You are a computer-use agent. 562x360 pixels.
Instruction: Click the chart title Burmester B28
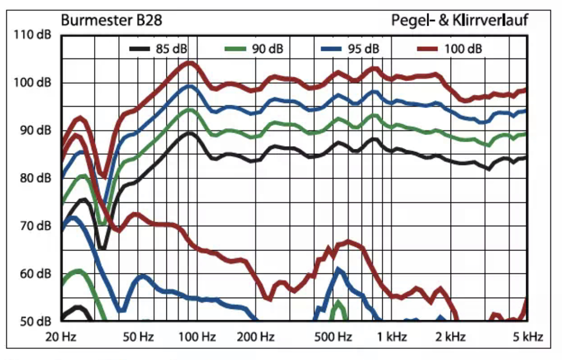pos(111,21)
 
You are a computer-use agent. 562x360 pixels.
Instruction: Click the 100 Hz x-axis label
pos(197,338)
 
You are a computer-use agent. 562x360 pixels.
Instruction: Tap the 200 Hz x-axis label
pos(256,338)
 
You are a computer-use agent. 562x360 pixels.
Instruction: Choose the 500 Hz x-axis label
pos(333,338)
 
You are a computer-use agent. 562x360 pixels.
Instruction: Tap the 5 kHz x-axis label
pos(527,338)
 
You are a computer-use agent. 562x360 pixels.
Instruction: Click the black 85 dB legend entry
pos(158,49)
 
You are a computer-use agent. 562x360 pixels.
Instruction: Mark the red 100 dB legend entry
pos(449,49)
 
